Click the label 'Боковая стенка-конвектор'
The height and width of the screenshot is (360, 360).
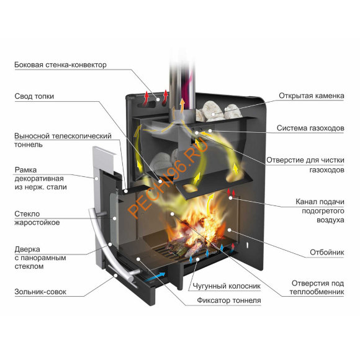coord(60,65)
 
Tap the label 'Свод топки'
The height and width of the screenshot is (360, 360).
coord(34,96)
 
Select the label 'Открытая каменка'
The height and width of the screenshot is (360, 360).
coord(312,96)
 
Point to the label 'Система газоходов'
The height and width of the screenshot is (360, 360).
coord(310,128)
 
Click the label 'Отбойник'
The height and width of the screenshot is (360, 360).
coord(326,253)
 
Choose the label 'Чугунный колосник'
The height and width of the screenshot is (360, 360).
coord(227,286)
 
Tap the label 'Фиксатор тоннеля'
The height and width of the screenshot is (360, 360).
coord(229,300)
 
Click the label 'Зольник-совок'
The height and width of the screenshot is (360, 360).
coord(40,292)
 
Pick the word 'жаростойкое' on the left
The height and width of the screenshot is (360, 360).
coord(37,222)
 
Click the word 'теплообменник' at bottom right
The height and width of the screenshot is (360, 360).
coord(317,292)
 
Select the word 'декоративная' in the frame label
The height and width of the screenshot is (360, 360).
coord(39,179)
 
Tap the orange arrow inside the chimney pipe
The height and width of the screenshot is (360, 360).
coord(182,105)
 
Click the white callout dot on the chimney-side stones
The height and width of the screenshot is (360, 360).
coord(214,114)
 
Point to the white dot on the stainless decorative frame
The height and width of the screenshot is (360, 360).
coord(97,178)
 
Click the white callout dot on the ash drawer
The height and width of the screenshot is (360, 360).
coord(115,276)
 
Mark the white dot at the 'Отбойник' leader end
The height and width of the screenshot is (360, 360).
coord(229,230)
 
